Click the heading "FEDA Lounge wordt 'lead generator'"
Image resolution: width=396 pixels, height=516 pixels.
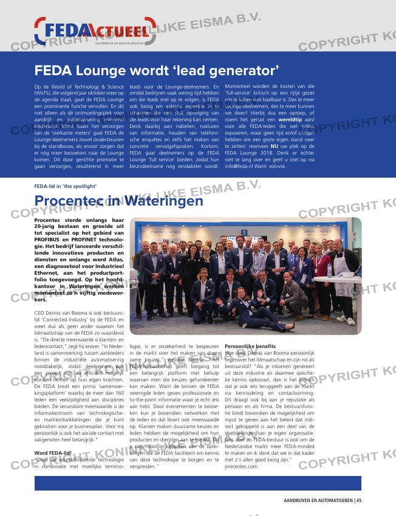tap(156, 70)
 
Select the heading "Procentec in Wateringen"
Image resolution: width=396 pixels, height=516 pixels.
tap(118, 201)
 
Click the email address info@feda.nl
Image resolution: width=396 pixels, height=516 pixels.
tap(241, 166)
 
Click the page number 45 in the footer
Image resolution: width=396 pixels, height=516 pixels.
tap(358, 500)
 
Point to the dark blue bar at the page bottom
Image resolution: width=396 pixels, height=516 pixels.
tap(197, 483)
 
